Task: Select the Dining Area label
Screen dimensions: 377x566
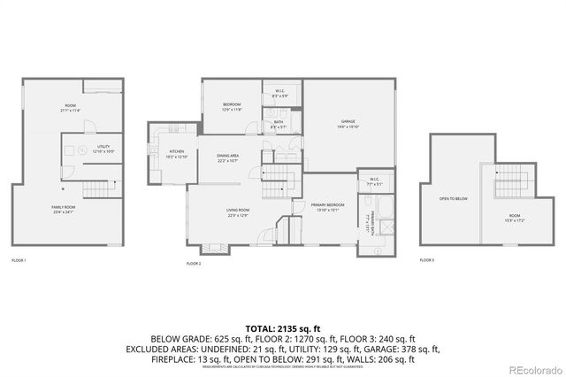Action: [x=227, y=157]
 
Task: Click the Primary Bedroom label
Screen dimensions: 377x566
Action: [x=326, y=207]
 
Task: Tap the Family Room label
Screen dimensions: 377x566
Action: [x=63, y=209]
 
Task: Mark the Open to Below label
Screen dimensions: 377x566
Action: [x=453, y=198]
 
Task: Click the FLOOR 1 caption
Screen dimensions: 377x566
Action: [x=19, y=260]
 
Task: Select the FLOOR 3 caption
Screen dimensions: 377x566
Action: [x=426, y=260]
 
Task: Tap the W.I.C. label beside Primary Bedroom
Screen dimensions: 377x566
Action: [x=374, y=182]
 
